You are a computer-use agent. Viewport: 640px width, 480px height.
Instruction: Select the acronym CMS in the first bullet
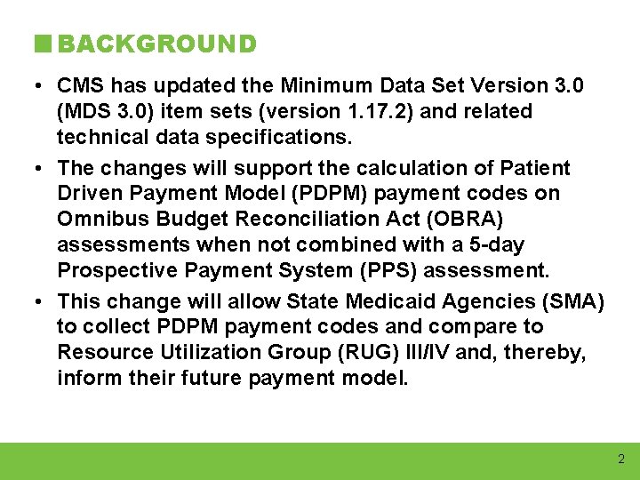(79, 86)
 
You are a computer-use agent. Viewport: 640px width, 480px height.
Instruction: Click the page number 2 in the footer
(620, 460)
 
